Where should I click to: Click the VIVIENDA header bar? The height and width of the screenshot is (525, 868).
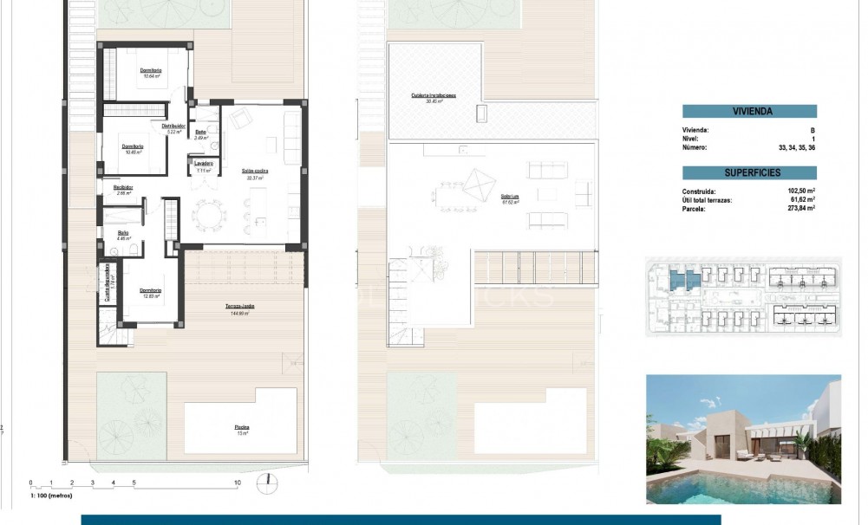749,111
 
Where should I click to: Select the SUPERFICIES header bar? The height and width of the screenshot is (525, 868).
749,173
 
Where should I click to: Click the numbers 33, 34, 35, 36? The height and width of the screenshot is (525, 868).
795,148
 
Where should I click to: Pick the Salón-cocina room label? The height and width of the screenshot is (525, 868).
255,172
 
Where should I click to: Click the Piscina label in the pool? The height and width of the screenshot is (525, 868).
240,428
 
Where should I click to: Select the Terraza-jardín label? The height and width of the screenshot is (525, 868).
240,306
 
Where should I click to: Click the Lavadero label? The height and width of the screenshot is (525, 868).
204,164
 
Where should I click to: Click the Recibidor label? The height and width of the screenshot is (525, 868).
123,189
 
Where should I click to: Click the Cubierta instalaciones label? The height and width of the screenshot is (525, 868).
434,96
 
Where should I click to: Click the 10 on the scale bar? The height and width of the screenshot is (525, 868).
237,483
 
